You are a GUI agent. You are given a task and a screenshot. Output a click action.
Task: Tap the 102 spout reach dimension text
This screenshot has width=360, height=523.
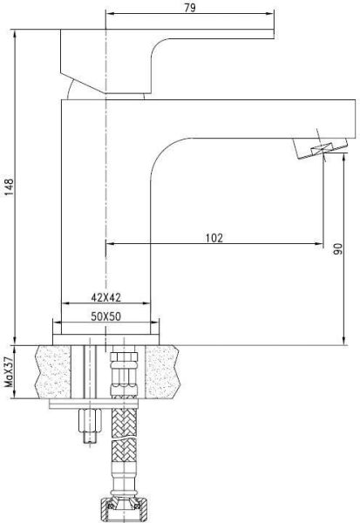214,237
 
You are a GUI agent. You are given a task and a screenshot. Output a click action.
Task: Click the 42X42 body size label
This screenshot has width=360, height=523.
106,296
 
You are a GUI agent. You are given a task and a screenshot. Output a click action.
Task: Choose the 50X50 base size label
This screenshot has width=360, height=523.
106,316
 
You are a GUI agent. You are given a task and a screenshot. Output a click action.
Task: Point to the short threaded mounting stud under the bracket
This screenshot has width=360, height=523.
88,427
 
